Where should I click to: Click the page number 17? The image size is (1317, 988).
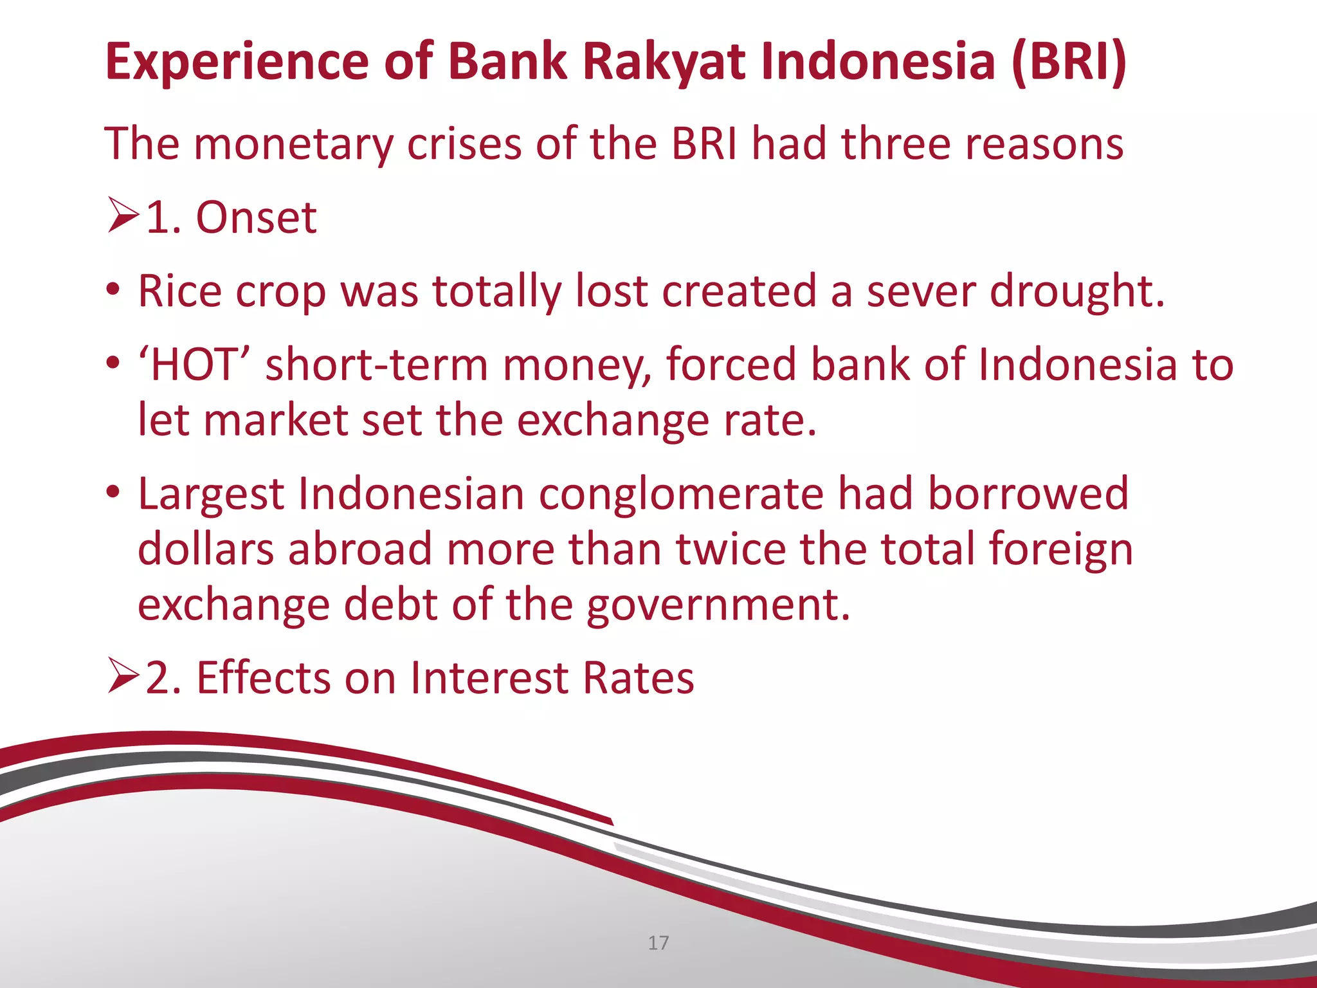click(658, 943)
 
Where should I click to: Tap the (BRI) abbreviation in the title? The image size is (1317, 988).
click(1068, 62)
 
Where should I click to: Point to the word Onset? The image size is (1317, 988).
click(256, 218)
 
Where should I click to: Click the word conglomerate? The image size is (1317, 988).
click(680, 495)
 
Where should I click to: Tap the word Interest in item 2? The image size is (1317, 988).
click(489, 678)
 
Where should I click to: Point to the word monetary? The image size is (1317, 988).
click(293, 144)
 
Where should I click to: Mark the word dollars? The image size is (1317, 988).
click(206, 550)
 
